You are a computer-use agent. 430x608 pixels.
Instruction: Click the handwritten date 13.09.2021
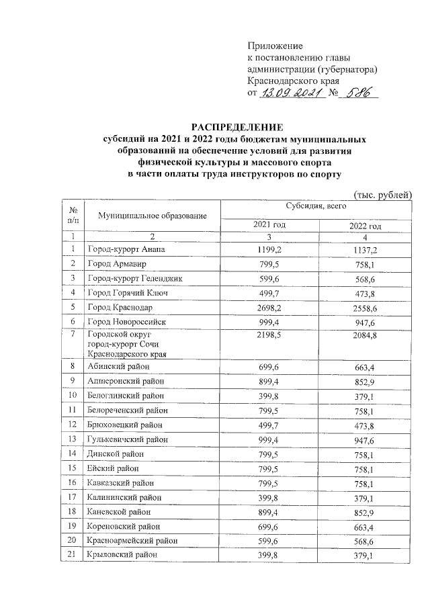290,95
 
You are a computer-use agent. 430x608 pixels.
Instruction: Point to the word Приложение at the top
275,46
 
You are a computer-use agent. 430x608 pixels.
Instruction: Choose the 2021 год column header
269,224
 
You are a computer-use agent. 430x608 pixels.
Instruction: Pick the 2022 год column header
365,225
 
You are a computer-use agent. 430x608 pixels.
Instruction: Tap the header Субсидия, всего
316,207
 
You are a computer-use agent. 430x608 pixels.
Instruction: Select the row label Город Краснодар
120,308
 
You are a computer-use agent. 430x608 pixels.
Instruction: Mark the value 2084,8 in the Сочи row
365,335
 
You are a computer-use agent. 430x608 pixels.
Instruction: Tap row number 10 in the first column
73,396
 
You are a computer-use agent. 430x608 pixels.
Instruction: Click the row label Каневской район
119,512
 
